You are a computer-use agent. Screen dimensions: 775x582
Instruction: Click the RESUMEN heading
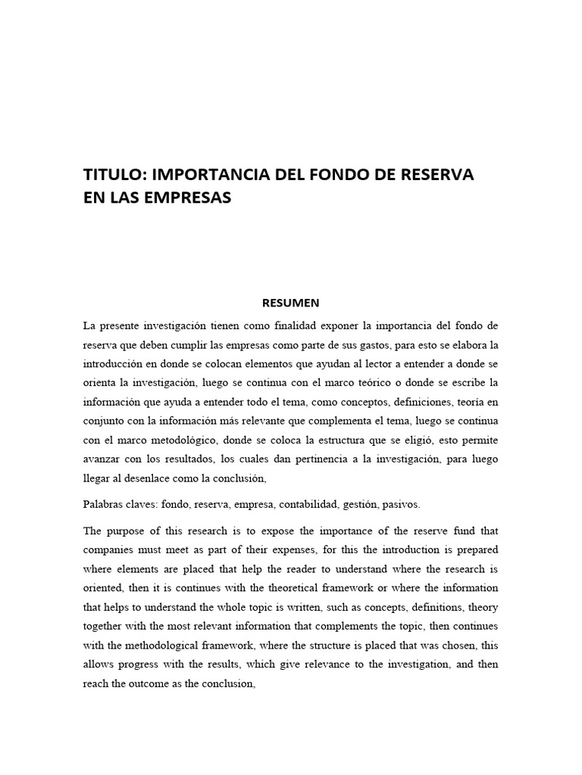pyautogui.click(x=291, y=303)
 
